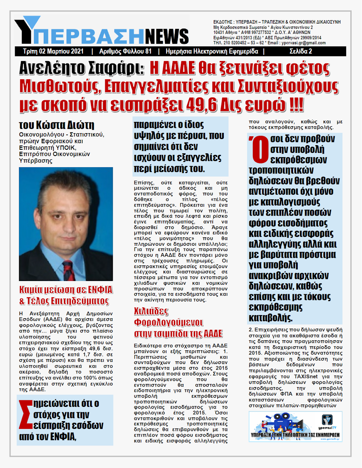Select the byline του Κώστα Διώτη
pos(57,125)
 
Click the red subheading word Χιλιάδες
pos(151,312)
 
